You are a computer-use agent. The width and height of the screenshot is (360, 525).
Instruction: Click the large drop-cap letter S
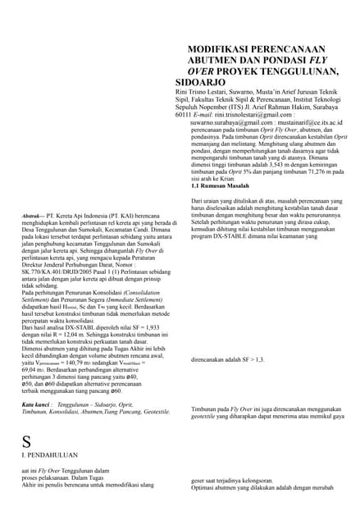pos(26,441)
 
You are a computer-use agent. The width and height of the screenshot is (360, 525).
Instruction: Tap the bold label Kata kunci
pos(37,404)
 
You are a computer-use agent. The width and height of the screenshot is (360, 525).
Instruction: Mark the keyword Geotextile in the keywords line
pos(153,412)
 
